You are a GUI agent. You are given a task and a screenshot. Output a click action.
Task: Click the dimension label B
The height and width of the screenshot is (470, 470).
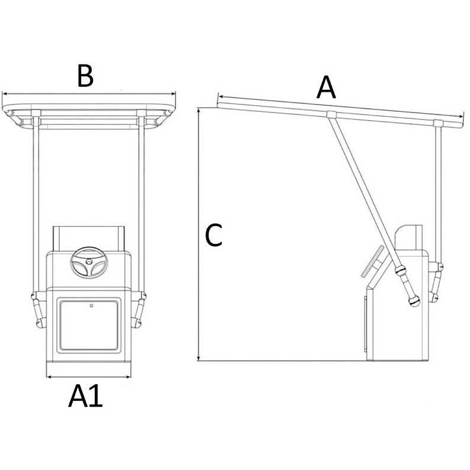86,76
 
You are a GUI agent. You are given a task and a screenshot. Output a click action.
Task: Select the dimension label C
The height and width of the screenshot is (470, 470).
213,236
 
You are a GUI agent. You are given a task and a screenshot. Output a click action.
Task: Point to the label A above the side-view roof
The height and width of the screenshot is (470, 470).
326,89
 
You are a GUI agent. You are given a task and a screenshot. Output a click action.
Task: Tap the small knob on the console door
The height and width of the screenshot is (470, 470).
92,306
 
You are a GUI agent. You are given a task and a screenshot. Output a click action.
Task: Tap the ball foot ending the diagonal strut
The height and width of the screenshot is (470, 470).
413,302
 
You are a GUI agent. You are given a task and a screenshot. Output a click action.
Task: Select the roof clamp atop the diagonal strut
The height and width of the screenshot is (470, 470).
331,114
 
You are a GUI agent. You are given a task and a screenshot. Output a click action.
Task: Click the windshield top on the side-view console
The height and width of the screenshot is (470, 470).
408,228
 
